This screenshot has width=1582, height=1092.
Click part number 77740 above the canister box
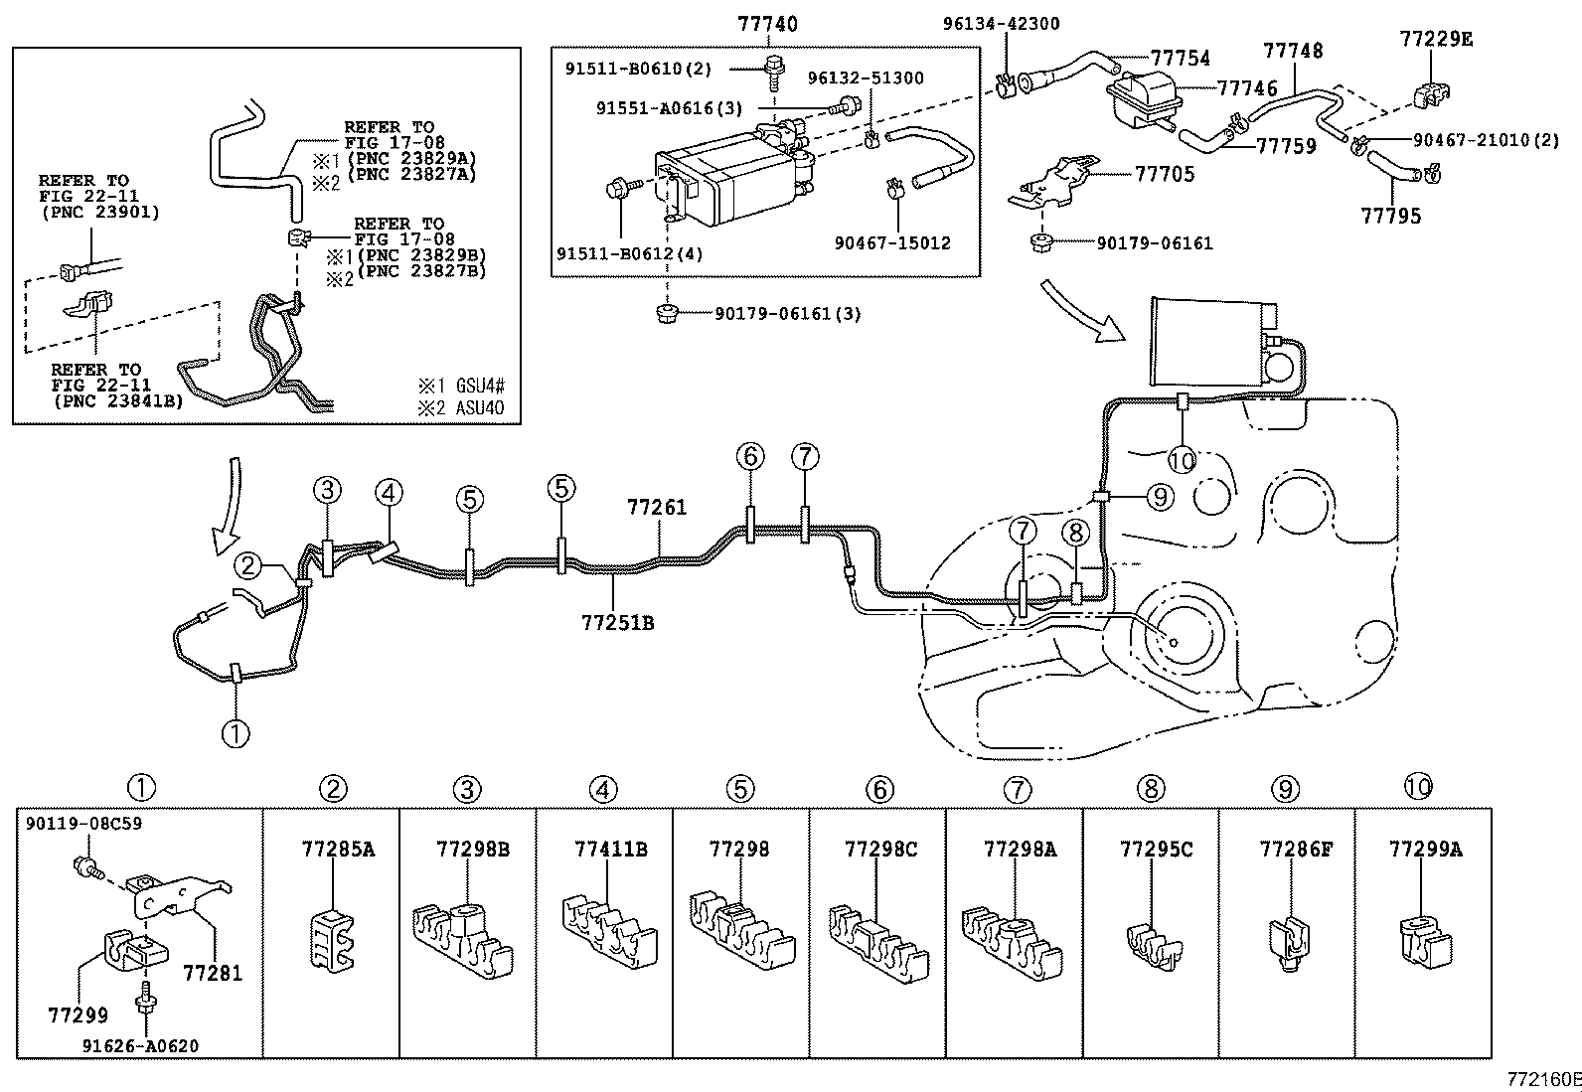click(767, 23)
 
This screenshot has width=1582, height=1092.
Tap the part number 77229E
click(1436, 39)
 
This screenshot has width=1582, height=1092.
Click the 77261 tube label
click(656, 507)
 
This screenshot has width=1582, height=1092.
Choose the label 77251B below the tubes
click(617, 623)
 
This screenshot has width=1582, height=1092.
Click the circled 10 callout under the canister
click(1183, 460)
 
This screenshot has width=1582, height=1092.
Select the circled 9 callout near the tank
click(1161, 496)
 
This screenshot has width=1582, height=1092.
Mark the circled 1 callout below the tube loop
click(235, 733)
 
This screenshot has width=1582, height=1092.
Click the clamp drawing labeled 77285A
click(331, 936)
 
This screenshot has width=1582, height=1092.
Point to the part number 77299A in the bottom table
click(1425, 849)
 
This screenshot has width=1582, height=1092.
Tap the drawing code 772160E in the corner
click(1543, 1079)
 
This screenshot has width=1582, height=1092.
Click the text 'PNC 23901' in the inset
click(98, 212)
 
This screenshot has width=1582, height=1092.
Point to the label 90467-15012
click(891, 242)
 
